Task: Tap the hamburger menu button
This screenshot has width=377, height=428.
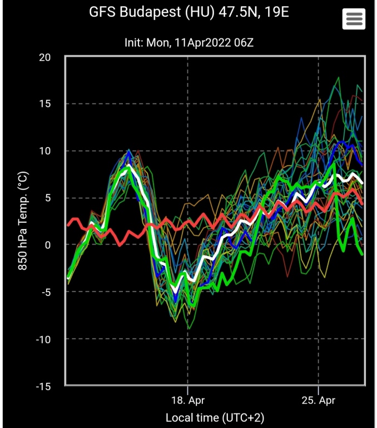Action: pos(354,20)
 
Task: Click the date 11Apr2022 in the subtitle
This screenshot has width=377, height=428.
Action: pos(199,42)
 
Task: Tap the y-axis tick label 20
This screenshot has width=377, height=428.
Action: pos(45,57)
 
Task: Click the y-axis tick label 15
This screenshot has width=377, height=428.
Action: pos(45,104)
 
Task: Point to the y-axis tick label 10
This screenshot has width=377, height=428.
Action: pos(45,151)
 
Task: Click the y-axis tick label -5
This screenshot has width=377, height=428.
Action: pos(45,292)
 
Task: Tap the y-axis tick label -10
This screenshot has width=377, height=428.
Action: pos(43,339)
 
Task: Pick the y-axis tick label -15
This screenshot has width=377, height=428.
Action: pos(43,386)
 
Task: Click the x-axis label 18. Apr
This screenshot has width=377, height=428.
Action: pos(188,401)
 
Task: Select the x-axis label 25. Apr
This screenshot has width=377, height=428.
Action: pos(319,401)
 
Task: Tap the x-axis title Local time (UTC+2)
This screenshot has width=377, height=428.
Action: pos(215,417)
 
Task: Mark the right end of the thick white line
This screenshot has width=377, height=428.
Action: pos(363,182)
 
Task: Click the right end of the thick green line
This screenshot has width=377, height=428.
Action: pos(363,254)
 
